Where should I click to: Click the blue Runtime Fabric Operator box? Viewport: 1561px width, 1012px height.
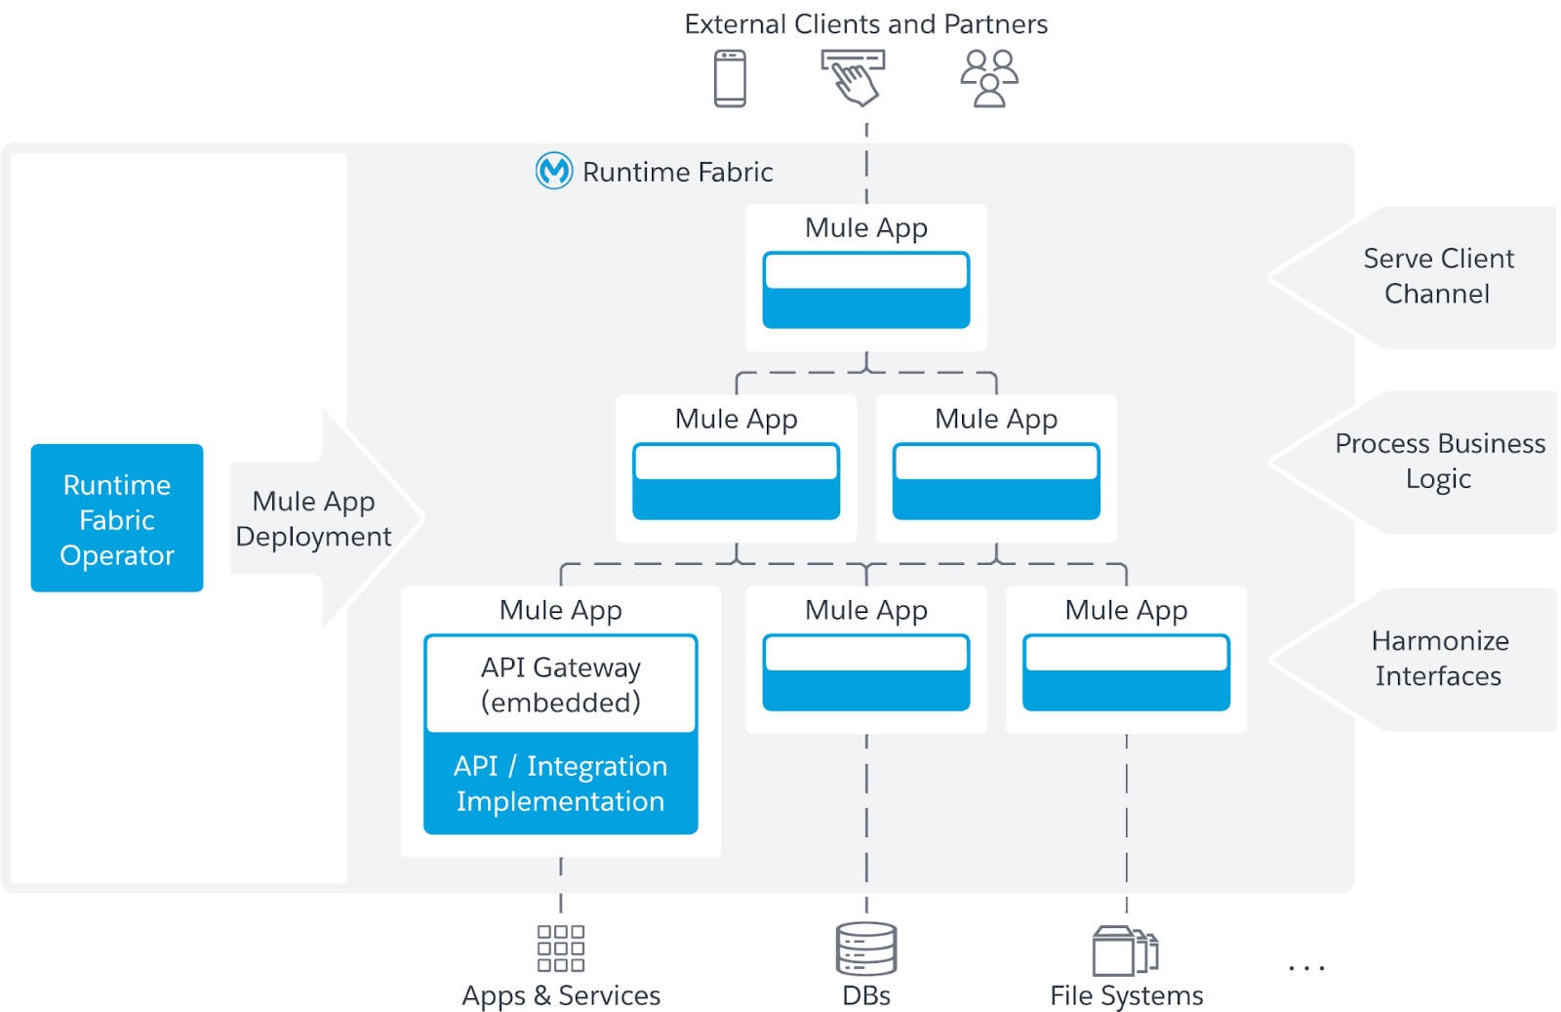117,518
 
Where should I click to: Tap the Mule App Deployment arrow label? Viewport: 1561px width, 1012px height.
313,519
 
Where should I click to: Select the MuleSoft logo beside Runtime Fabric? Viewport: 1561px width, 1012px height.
554,171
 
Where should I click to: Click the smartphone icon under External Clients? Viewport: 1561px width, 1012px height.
730,78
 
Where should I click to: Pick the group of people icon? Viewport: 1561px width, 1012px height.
989,78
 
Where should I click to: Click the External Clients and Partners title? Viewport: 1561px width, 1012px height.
865,24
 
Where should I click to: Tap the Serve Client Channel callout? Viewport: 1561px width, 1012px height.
1438,276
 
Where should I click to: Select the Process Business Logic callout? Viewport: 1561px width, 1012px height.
1439,462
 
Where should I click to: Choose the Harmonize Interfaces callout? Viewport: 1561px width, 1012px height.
1439,659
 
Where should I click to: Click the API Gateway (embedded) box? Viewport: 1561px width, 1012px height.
561,684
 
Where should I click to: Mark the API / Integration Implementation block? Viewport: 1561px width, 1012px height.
561,784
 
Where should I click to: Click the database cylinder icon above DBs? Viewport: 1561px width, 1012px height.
866,949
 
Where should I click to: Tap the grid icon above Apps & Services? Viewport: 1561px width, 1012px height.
561,949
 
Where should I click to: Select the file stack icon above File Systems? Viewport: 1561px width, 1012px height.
1125,951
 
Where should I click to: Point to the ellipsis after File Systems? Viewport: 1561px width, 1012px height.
1306,968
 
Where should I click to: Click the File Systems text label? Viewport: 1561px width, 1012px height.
1126,995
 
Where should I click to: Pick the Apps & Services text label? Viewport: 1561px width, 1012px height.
561,995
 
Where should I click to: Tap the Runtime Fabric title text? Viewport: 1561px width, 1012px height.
677,173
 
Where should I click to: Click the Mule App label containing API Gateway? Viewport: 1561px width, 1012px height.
561,610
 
